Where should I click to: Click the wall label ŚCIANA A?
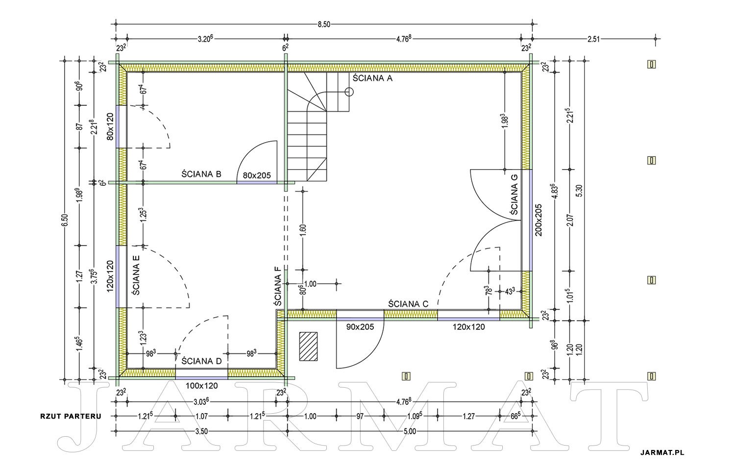[x=372, y=78]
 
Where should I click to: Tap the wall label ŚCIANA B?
[x=201, y=174]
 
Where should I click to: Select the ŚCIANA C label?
[x=408, y=304]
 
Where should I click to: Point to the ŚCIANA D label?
[x=202, y=361]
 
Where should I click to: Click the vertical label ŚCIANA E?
[x=136, y=275]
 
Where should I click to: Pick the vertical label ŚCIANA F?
[x=278, y=286]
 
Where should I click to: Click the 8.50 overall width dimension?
[x=324, y=25]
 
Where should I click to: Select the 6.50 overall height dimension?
[x=65, y=220]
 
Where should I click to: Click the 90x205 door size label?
[x=360, y=326]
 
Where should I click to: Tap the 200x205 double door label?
[x=539, y=220]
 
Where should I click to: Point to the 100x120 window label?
[x=202, y=386]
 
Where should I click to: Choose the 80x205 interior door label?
[x=257, y=175]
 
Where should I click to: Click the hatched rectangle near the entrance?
[x=308, y=347]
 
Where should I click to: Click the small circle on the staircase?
[x=349, y=92]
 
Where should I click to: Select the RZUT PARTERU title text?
[x=71, y=416]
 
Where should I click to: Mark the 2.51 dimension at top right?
[x=593, y=39]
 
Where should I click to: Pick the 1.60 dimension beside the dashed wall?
[x=302, y=230]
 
